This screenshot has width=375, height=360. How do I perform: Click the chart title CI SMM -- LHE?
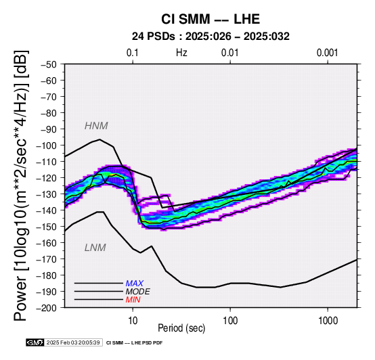(211, 19)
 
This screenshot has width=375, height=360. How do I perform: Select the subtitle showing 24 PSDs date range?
(211, 37)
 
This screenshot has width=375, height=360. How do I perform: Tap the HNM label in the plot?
(96, 126)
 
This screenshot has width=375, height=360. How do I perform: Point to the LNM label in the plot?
(95, 248)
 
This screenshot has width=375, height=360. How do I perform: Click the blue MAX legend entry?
(135, 284)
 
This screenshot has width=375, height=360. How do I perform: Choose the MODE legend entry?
(138, 292)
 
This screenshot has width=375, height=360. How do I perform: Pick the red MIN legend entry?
(133, 300)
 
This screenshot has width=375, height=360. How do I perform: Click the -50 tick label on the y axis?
(49, 64)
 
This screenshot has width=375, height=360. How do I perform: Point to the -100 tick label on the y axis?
(47, 145)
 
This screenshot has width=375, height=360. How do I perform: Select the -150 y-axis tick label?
(47, 227)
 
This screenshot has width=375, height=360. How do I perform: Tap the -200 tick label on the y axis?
(47, 308)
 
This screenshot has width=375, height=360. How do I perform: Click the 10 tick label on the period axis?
(133, 321)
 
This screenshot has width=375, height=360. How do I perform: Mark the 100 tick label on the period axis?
(230, 321)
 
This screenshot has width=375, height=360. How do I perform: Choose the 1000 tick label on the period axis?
(328, 321)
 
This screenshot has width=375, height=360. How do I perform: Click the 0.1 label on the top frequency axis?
(133, 53)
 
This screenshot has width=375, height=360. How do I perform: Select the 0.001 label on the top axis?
(328, 53)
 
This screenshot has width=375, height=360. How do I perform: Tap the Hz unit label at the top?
(181, 53)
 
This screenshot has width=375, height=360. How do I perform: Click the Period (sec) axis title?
(181, 328)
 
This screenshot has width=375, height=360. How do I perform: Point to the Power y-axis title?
(21, 186)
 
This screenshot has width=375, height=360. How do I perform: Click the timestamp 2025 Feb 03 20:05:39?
(73, 343)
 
